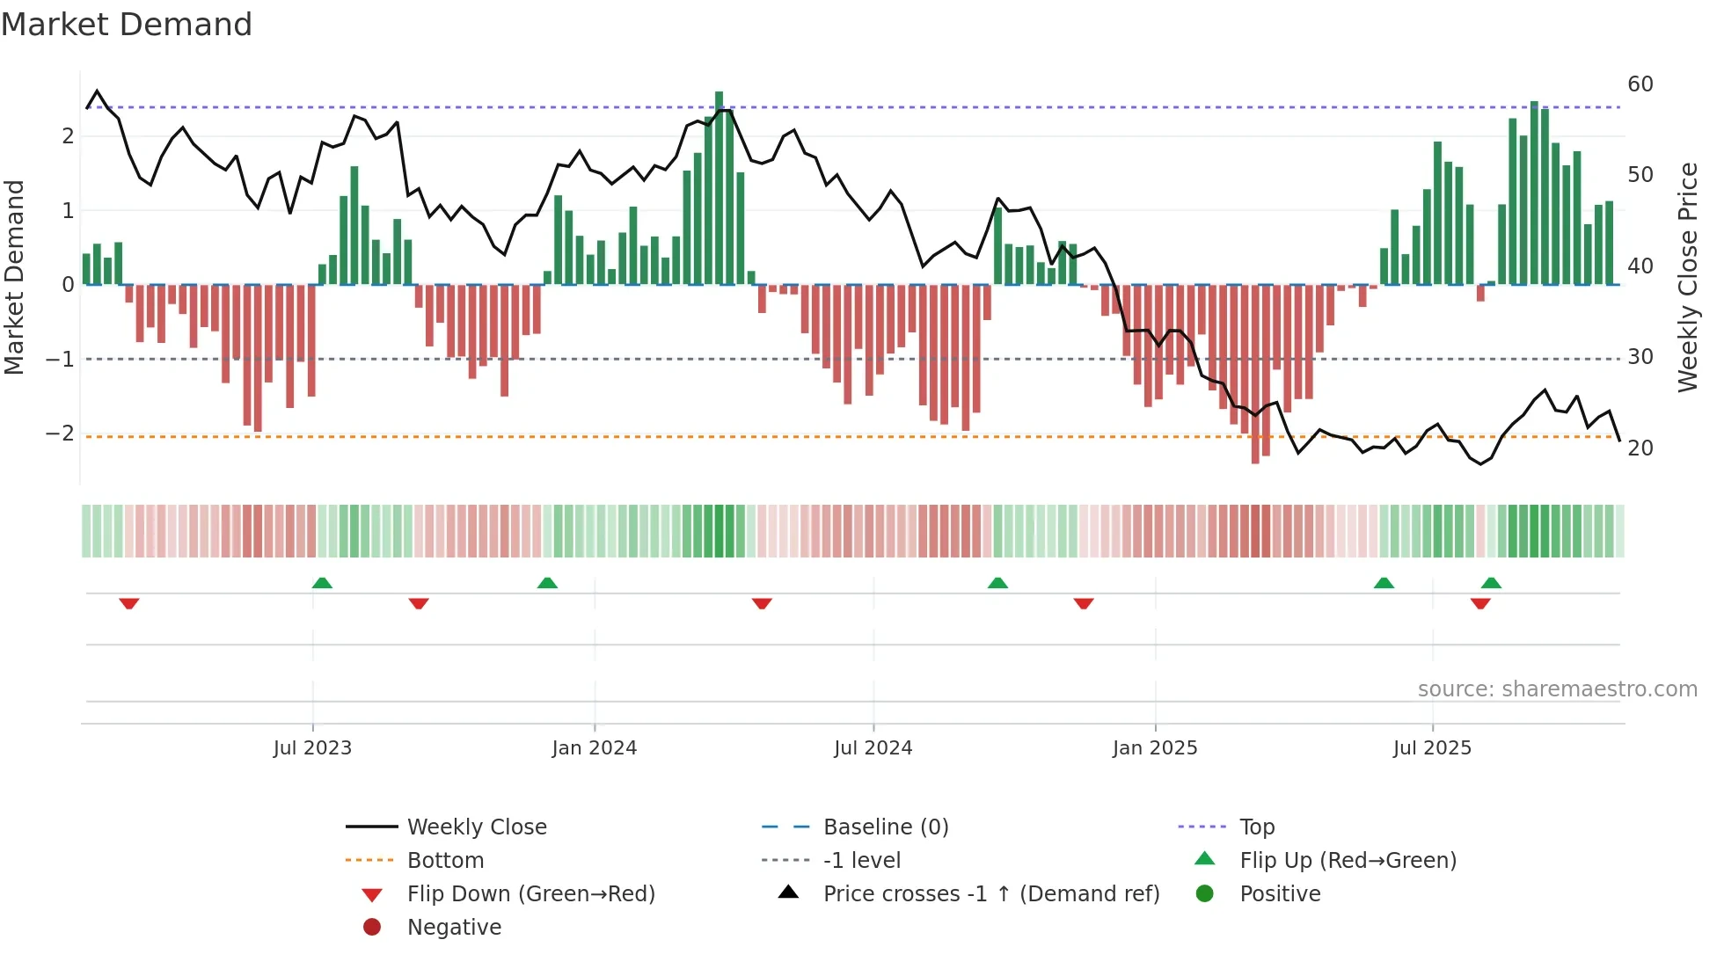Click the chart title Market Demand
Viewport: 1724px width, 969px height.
(x=127, y=25)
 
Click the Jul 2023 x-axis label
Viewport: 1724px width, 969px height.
(x=312, y=748)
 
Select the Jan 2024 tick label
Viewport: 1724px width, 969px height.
(x=594, y=748)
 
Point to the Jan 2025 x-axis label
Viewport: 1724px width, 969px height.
(x=1154, y=748)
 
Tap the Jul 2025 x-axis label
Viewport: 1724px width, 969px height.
(x=1432, y=748)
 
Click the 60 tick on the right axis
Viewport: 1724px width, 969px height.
(x=1640, y=84)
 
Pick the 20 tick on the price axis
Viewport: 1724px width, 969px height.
(x=1640, y=448)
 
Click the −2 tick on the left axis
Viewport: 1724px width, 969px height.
(x=60, y=433)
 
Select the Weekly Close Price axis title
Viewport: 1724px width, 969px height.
(x=1687, y=277)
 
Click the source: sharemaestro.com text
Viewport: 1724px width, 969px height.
(x=1557, y=689)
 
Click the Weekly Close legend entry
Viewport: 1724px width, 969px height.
(x=476, y=827)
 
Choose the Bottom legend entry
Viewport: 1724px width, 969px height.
(x=445, y=861)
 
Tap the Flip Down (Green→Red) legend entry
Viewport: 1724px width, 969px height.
(x=530, y=894)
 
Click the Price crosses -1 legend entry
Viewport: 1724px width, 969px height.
(x=990, y=894)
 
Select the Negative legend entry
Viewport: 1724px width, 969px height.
(x=454, y=928)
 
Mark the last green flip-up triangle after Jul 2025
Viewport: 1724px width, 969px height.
(x=1491, y=583)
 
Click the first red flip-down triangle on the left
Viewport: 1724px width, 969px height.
(x=129, y=603)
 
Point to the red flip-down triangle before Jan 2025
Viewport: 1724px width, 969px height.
(x=1084, y=603)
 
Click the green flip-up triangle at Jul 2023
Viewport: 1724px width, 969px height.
(x=322, y=583)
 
